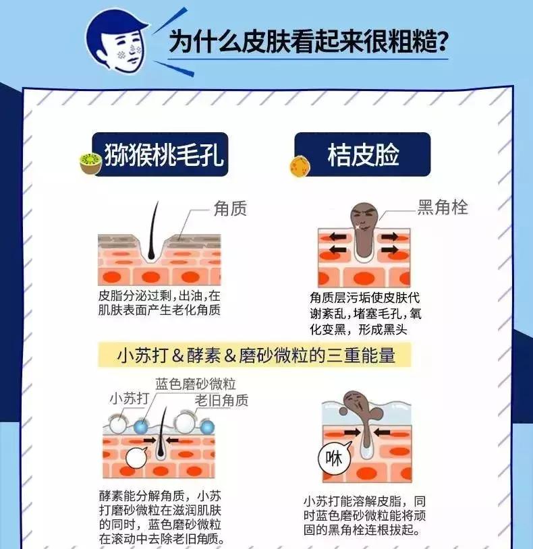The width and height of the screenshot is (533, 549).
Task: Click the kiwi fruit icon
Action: tap(90, 163)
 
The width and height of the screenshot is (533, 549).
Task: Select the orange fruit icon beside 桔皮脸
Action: tap(300, 166)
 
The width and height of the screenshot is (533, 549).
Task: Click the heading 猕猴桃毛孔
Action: tap(164, 154)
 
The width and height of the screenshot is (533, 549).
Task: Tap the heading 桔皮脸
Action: tap(364, 154)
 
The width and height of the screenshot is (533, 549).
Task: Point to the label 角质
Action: tap(230, 208)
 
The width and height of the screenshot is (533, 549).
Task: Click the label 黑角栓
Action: tap(443, 207)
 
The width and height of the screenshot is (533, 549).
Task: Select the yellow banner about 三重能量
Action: tap(254, 355)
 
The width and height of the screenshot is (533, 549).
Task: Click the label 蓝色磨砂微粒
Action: tap(196, 384)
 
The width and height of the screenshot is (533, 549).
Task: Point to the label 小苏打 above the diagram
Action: tap(129, 399)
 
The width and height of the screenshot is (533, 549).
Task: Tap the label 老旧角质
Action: tap(221, 400)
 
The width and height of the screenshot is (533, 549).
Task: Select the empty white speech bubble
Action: tap(136, 458)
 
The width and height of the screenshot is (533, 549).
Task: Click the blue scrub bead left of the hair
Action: tap(141, 426)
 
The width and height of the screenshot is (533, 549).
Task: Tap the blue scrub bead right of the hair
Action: tap(206, 427)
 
